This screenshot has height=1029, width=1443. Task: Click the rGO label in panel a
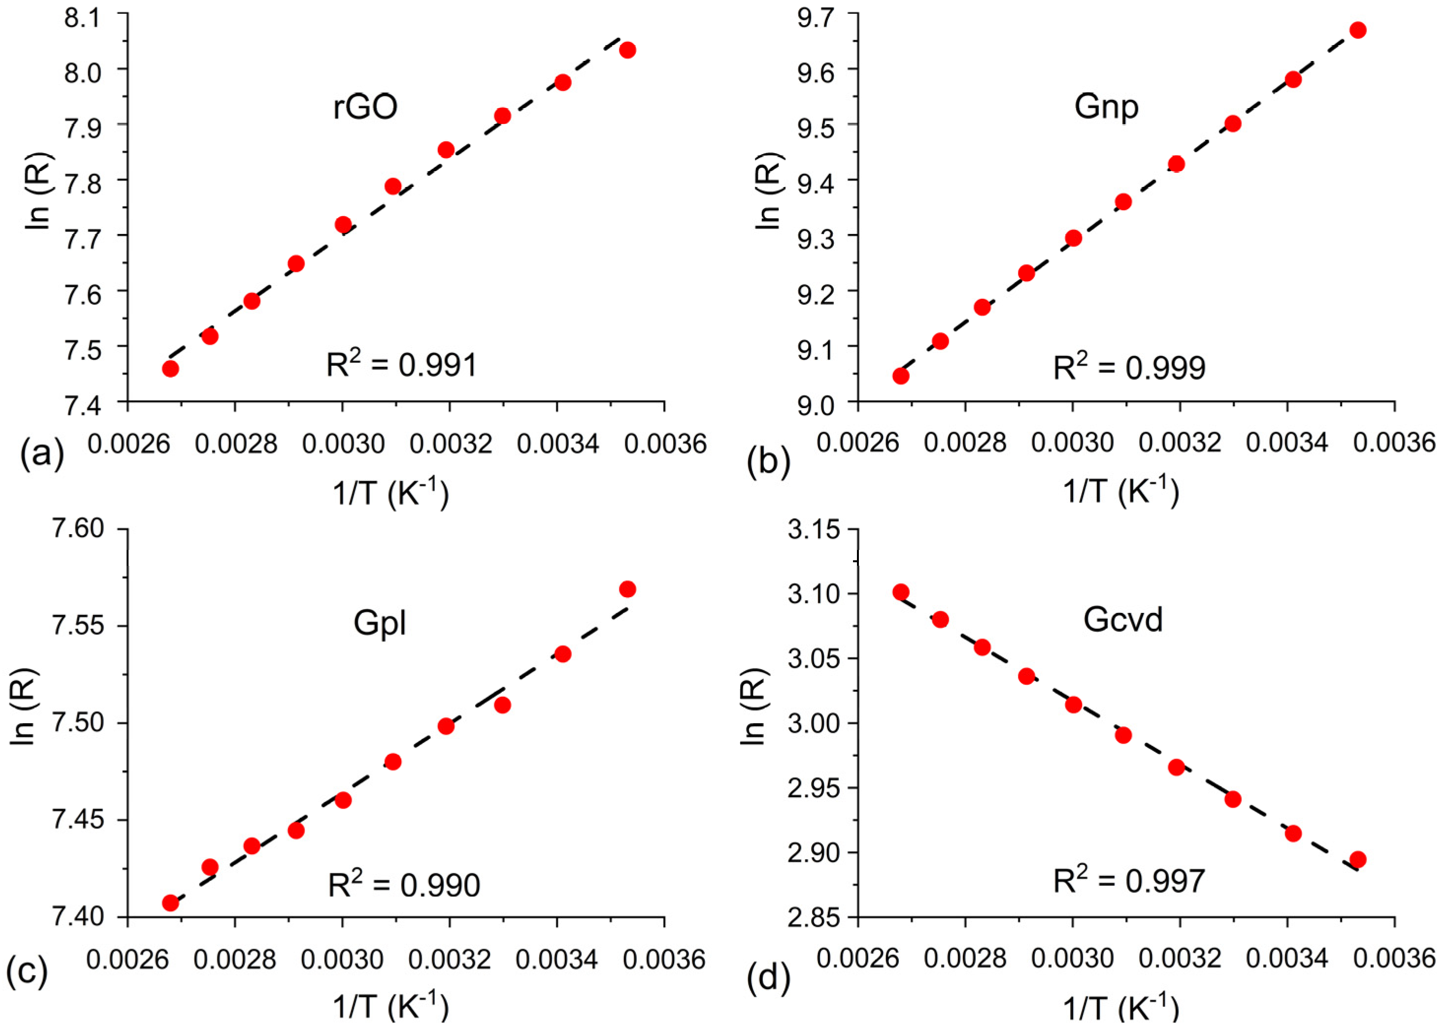(365, 106)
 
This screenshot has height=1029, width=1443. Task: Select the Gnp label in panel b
(1106, 106)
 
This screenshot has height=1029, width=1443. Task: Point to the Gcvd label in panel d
(1122, 619)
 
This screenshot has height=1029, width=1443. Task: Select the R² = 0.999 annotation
(1129, 367)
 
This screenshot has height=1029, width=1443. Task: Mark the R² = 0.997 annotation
(1129, 880)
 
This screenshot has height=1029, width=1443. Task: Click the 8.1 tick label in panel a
(82, 18)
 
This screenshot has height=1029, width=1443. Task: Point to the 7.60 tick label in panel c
(78, 528)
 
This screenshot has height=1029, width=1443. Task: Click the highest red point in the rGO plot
(627, 50)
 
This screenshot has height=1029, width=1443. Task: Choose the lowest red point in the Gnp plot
(901, 376)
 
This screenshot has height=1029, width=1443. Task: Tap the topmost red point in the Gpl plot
(627, 589)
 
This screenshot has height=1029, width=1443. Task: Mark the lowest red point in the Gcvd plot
(1357, 860)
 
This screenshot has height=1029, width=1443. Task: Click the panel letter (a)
(42, 453)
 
